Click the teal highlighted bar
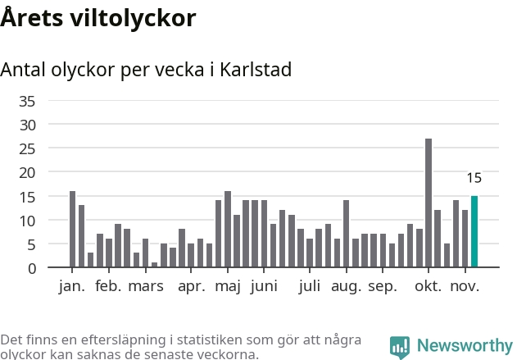click(474, 231)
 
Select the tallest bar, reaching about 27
click(429, 203)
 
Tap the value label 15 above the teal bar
click(474, 178)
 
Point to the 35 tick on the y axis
click(27, 102)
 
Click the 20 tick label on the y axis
click(27, 173)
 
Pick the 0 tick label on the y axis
click(31, 268)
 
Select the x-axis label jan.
click(72, 286)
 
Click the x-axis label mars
click(146, 286)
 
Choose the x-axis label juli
click(310, 286)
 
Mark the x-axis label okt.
click(428, 286)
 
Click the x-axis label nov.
click(465, 286)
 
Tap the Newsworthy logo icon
click(400, 347)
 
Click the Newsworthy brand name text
click(464, 346)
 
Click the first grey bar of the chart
click(73, 230)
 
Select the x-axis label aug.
click(346, 286)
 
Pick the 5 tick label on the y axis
click(31, 244)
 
